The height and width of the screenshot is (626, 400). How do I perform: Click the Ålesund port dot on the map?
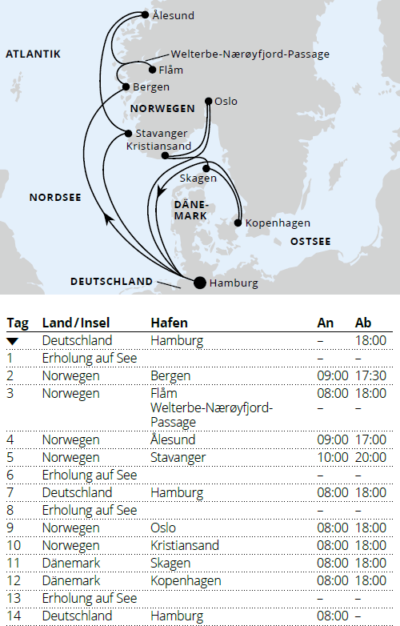point(144,14)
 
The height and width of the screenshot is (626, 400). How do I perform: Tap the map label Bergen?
point(151,86)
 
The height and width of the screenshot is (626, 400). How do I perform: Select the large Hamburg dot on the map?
point(199,282)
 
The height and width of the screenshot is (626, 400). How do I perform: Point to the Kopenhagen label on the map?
point(278,223)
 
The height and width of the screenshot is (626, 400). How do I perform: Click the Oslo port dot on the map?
point(209,101)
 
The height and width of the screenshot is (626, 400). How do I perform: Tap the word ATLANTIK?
point(34,54)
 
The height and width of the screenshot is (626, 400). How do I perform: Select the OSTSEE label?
point(310,241)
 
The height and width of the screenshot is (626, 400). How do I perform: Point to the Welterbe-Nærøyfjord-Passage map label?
point(250,54)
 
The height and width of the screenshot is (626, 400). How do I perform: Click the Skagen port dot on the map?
point(206,167)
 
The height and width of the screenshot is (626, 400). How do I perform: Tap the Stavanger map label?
point(161,133)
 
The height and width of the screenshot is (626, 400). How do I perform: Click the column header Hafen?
point(169,323)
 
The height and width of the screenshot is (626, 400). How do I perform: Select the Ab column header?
point(363,323)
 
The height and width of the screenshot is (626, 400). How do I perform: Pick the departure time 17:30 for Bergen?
point(370,375)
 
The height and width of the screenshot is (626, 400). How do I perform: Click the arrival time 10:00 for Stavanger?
point(332,458)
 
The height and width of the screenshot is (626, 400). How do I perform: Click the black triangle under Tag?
point(13,340)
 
